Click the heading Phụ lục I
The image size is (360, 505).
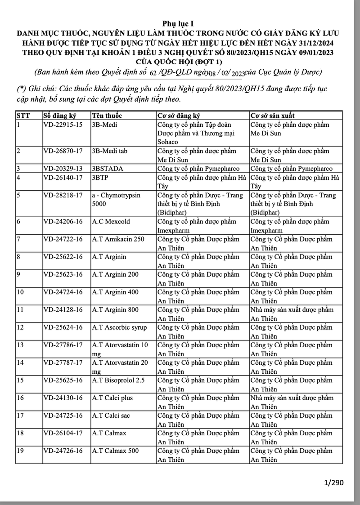click(180, 23)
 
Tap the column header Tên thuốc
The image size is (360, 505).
click(107, 116)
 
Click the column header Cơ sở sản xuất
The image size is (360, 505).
click(273, 116)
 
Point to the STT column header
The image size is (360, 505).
click(23, 116)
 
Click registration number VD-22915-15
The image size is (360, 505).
click(63, 125)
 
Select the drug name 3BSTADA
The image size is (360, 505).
click(107, 169)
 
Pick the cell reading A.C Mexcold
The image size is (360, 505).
click(109, 222)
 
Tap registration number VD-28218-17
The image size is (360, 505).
click(63, 195)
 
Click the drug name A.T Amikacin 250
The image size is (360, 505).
click(118, 239)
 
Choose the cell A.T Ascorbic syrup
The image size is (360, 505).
click(119, 327)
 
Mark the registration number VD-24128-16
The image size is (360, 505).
click(63, 310)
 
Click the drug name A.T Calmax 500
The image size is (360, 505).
click(115, 451)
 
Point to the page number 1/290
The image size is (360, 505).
click(333, 483)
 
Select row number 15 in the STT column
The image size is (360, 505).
click(21, 380)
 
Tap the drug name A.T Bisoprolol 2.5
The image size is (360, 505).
click(118, 380)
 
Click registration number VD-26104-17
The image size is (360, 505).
click(63, 433)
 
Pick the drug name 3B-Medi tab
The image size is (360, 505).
click(109, 151)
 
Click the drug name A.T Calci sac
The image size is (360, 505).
click(111, 416)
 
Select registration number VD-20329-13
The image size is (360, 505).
click(63, 169)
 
